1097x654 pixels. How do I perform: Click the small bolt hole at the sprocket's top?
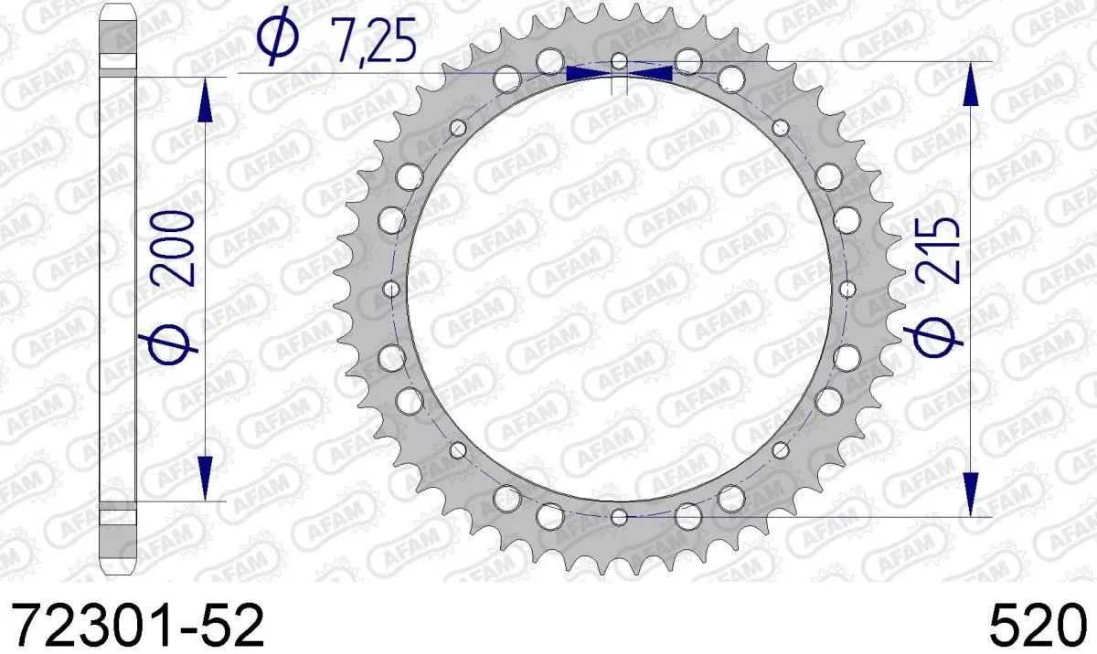pyautogui.click(x=620, y=62)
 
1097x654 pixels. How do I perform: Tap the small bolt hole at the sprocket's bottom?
pyautogui.click(x=620, y=518)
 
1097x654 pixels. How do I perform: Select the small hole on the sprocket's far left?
pyautogui.click(x=392, y=290)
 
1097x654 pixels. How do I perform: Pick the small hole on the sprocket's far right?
pyautogui.click(x=847, y=290)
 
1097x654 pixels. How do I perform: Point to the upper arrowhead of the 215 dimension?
pyautogui.click(x=971, y=85)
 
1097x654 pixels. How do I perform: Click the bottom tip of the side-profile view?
pyautogui.click(x=117, y=574)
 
